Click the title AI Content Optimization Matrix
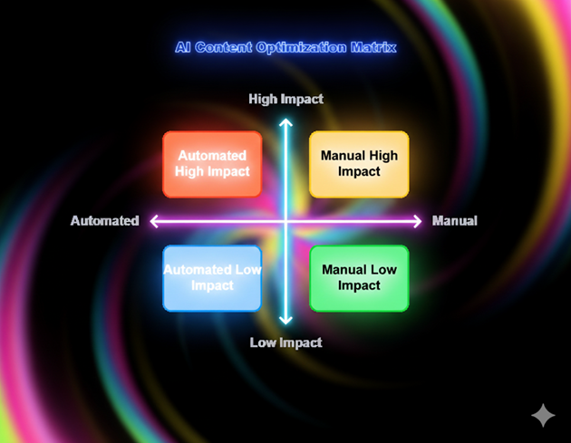(285, 47)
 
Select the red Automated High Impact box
(212, 164)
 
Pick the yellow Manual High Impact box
(359, 164)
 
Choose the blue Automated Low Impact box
(212, 278)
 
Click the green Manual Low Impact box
(359, 278)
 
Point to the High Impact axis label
(285, 100)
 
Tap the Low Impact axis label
(285, 342)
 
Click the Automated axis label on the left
(105, 221)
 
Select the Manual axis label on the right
(454, 221)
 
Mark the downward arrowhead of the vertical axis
(285, 320)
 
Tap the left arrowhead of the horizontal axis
(154, 221)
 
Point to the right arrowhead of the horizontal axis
(418, 221)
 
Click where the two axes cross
(285, 221)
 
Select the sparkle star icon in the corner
(543, 415)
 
